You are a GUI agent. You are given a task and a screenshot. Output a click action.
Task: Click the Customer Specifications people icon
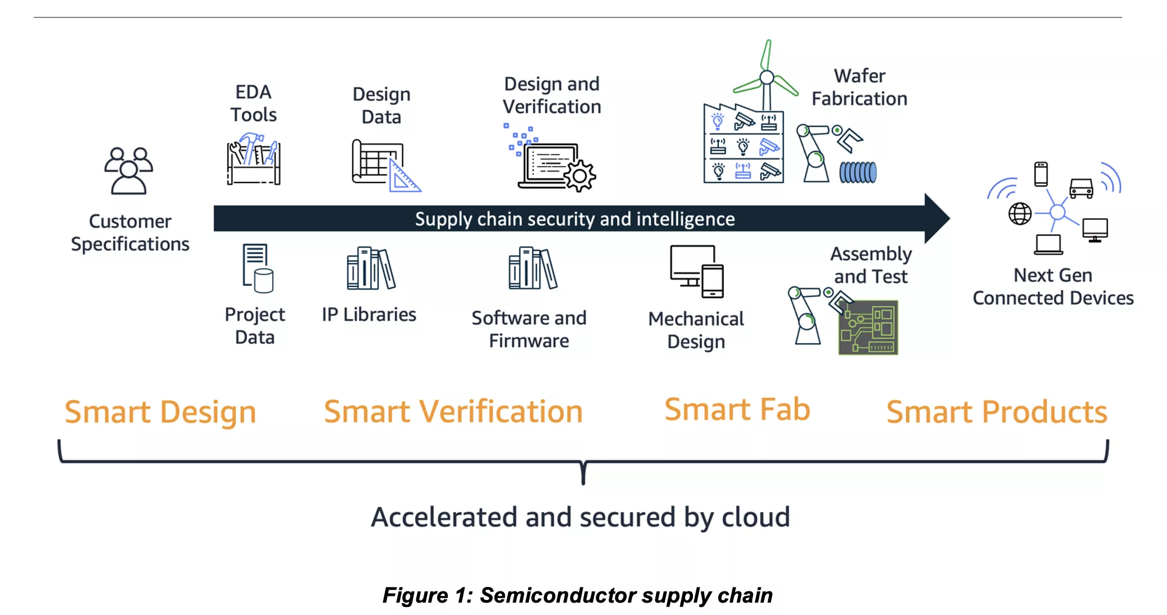click(x=128, y=171)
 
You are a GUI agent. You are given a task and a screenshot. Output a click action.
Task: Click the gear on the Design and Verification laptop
click(x=580, y=176)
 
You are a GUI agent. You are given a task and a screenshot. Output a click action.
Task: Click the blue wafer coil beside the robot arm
click(x=858, y=172)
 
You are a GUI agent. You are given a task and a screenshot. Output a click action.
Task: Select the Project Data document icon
click(x=258, y=268)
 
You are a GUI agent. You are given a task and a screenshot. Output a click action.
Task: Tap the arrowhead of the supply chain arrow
click(x=936, y=218)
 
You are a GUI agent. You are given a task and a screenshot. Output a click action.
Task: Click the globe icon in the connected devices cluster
click(x=1019, y=213)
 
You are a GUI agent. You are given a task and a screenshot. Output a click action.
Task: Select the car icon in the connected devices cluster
click(x=1081, y=188)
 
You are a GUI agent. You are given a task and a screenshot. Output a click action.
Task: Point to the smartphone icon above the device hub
click(x=1041, y=174)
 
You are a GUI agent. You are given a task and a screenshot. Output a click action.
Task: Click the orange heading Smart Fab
click(x=737, y=409)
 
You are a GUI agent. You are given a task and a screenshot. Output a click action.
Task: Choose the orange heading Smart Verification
click(x=453, y=411)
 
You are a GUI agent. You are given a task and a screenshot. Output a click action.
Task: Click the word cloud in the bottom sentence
click(x=755, y=517)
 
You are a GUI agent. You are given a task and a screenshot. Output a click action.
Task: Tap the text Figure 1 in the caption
click(x=427, y=595)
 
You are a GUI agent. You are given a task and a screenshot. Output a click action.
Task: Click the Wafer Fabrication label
click(x=859, y=87)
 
